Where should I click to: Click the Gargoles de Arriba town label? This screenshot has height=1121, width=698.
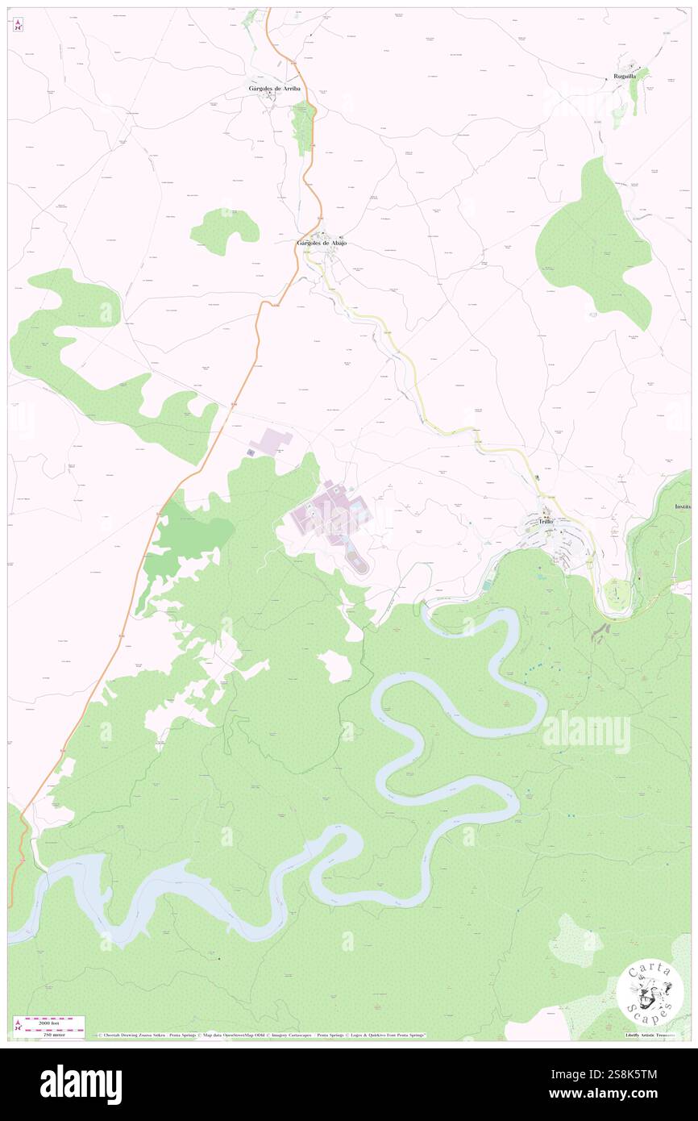273,89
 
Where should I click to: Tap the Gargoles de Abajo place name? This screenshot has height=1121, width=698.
322,243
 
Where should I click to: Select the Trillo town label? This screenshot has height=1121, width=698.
551,523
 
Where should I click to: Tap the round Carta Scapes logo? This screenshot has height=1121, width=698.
650,995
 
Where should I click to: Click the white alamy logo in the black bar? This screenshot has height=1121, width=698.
81,1085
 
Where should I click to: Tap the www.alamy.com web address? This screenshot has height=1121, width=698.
620,1094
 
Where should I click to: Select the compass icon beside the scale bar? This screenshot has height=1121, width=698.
18,1026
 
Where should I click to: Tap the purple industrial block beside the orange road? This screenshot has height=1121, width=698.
271,440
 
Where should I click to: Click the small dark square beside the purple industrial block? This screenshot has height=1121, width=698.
251,453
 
